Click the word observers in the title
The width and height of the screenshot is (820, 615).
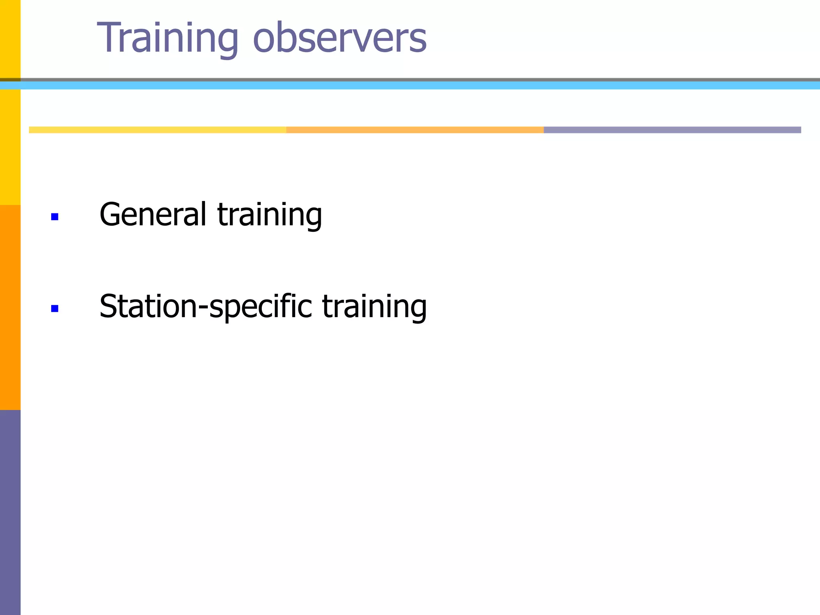(340, 38)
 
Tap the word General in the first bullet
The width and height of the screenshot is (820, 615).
(153, 215)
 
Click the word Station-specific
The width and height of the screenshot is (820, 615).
(205, 307)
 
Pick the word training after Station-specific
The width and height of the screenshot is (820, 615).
(374, 307)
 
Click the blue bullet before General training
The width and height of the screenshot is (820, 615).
(55, 217)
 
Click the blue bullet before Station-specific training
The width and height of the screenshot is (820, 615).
(55, 308)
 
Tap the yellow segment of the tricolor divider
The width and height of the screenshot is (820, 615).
(157, 130)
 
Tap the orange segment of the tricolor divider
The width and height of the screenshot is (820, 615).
(415, 130)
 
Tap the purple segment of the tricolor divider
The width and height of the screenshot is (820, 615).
(672, 130)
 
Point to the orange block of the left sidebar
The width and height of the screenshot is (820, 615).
(10, 307)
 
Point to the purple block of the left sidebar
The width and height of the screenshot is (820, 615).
(10, 512)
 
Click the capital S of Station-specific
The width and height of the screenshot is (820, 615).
(109, 307)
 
